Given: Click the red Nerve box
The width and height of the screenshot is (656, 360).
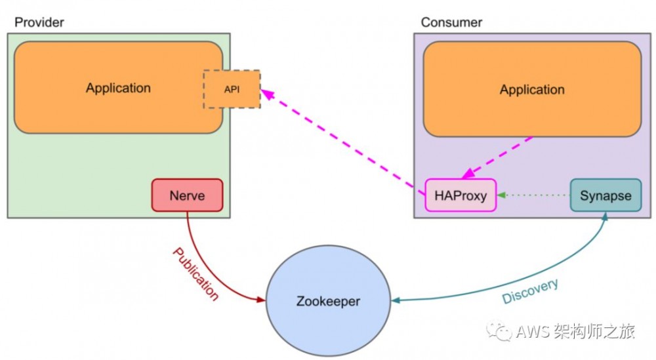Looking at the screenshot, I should pyautogui.click(x=188, y=195).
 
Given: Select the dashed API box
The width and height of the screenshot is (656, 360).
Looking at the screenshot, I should pyautogui.click(x=232, y=89).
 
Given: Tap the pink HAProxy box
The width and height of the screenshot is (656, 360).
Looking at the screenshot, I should pyautogui.click(x=461, y=195).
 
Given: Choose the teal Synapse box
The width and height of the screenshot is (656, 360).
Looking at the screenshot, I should pyautogui.click(x=605, y=195).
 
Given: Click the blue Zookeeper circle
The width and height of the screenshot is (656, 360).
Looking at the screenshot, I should pyautogui.click(x=328, y=302).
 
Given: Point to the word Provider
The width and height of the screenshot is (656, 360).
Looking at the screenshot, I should pyautogui.click(x=39, y=23).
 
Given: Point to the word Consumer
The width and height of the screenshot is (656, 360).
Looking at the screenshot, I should pyautogui.click(x=451, y=23).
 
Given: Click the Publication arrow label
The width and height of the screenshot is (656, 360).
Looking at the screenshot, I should pyautogui.click(x=195, y=273).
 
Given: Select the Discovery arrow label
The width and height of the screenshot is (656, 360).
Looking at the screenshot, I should pyautogui.click(x=530, y=291).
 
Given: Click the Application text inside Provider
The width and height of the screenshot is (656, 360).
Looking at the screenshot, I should pyautogui.click(x=118, y=88).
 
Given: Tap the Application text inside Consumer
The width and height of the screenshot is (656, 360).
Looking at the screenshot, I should pyautogui.click(x=532, y=90).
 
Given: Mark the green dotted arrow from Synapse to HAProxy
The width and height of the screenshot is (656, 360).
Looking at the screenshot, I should pyautogui.click(x=535, y=195).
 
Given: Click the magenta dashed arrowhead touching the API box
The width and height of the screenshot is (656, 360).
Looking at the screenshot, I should pyautogui.click(x=265, y=94).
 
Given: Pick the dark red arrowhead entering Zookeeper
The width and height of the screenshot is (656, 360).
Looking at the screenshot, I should pyautogui.click(x=261, y=300).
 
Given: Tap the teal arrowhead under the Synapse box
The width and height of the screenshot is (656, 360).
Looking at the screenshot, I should pyautogui.click(x=605, y=217).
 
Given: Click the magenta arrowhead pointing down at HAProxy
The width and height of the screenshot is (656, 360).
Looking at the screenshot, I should pyautogui.click(x=468, y=174).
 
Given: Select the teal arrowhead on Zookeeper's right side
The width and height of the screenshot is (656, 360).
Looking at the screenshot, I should pyautogui.click(x=396, y=301).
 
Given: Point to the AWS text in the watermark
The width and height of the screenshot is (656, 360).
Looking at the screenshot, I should pyautogui.click(x=529, y=332).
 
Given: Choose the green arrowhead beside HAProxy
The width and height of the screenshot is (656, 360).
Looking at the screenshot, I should pyautogui.click(x=501, y=195).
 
